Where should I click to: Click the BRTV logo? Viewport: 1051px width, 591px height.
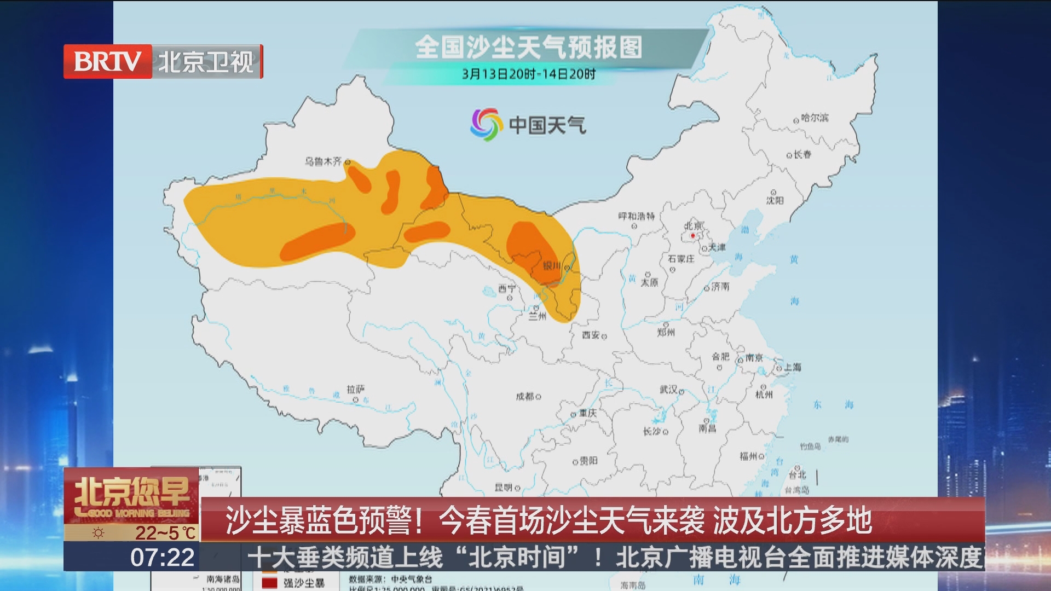coord(108,61)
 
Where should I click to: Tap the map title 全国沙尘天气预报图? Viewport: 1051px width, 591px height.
coord(528,47)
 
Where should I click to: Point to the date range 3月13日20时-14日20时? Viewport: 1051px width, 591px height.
coord(528,74)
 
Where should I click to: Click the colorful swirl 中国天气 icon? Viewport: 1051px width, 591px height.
coord(486,125)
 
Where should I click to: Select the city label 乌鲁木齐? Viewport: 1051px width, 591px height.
coord(323,161)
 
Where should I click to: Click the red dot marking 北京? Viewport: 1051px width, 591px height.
coord(692,236)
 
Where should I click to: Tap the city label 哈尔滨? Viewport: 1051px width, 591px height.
coord(815,118)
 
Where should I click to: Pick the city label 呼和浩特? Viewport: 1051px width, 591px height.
coord(636,217)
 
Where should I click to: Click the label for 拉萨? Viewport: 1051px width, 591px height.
coord(355,389)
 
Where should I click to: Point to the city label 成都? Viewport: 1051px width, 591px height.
coord(524,396)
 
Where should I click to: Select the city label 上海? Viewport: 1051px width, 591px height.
coord(792,367)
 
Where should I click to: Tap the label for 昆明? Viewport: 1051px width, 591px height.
coord(504,487)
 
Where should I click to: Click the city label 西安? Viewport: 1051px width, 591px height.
coord(591,335)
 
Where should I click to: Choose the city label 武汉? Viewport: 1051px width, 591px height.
coord(668,390)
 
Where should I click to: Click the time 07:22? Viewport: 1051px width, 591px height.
coord(162,558)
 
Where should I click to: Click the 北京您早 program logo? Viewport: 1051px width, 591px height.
coord(132,495)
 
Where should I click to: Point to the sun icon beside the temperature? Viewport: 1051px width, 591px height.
coord(99,532)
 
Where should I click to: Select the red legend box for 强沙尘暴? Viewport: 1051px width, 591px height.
coord(269,583)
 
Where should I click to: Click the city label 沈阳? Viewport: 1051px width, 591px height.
coord(775,200)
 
